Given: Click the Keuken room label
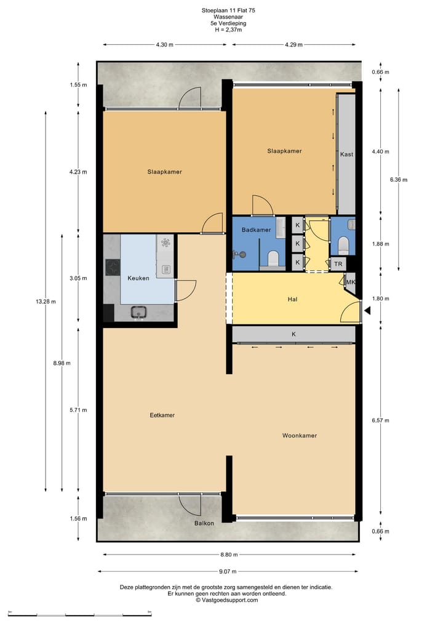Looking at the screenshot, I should point(138,278).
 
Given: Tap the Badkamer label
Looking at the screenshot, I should point(256,230).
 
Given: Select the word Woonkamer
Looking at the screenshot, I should point(300,435).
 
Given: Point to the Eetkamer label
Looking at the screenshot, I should point(162,415).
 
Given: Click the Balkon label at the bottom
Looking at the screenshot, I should point(204,523).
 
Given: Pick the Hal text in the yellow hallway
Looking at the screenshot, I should point(293,300).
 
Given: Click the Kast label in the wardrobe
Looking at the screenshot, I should point(346,154).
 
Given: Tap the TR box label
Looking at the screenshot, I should point(338,263).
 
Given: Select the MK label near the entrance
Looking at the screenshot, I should point(351,282).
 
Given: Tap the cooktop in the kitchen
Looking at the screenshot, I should point(113,267).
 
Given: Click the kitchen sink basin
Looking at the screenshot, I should point(138,312).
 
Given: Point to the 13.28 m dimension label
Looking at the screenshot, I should point(46,302).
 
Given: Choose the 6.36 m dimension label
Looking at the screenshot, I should point(399,180).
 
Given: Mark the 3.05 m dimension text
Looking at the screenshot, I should point(78,278).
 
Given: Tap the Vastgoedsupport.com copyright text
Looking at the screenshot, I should point(226,600).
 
